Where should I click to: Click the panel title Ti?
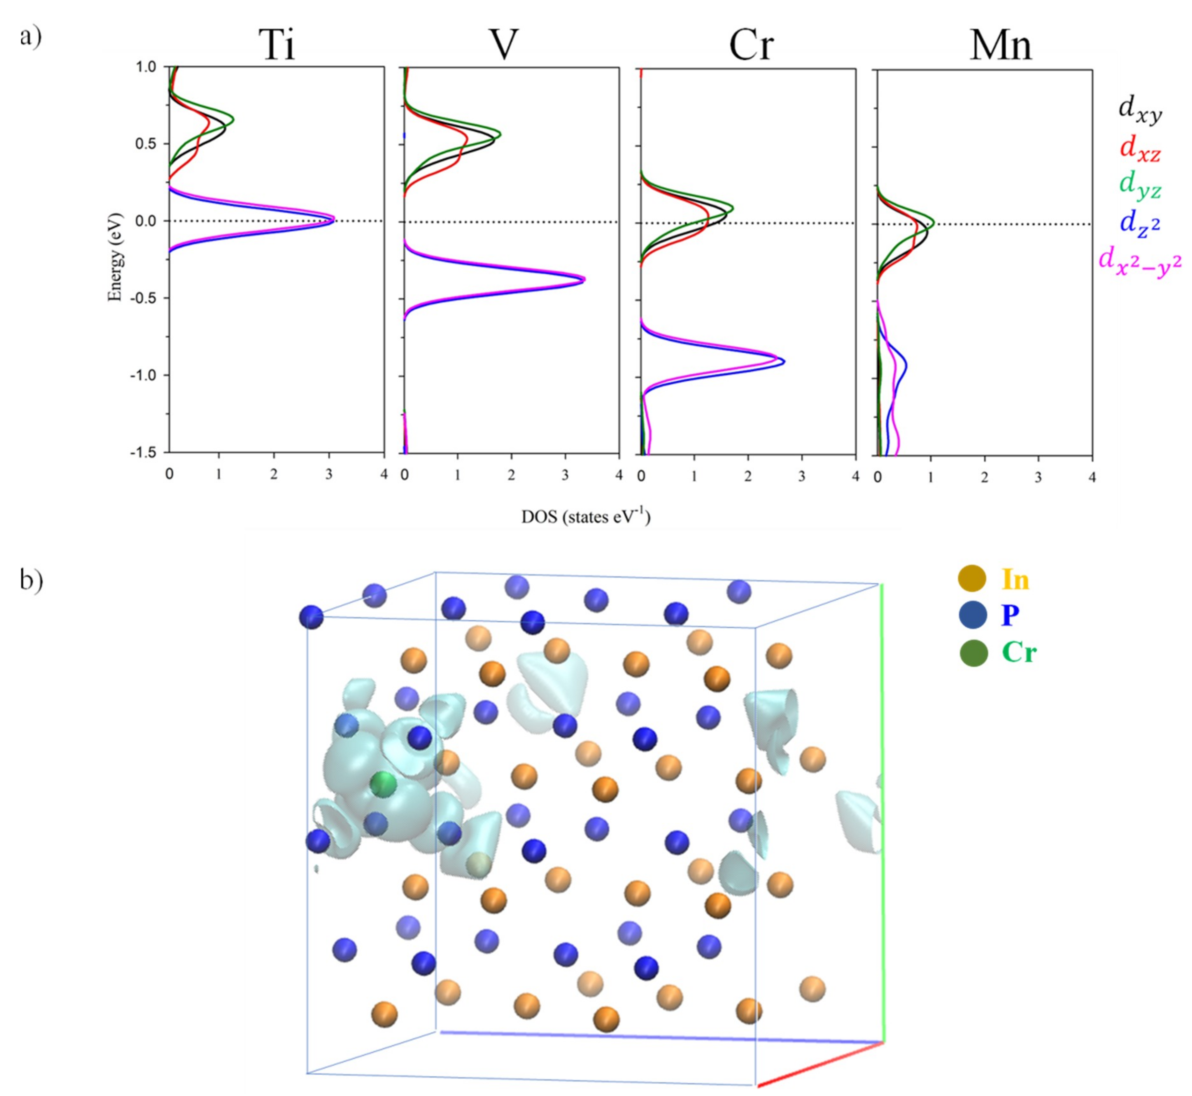277,45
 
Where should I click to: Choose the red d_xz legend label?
1139,148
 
